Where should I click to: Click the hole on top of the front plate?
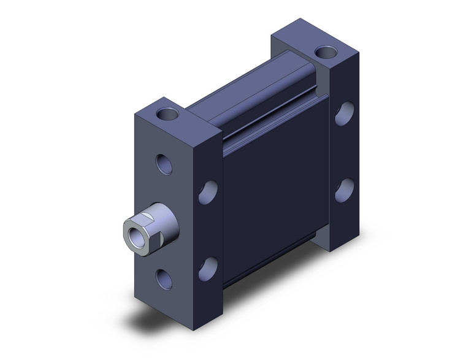(x=166, y=113)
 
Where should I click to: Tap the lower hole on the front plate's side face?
(x=208, y=268)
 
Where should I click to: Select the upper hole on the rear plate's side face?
(x=345, y=113)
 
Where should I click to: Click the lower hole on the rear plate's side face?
(x=344, y=190)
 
